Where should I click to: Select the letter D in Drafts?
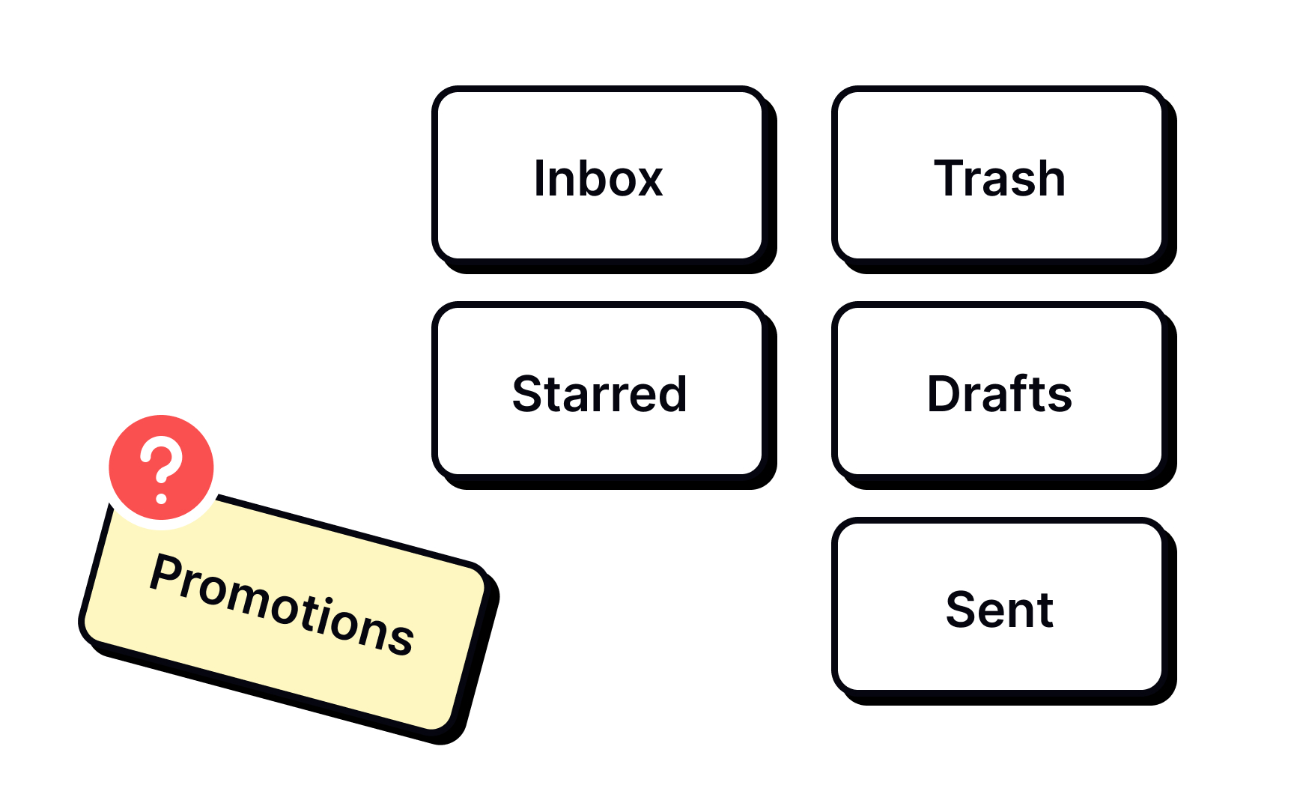point(945,394)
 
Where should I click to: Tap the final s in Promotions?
point(401,639)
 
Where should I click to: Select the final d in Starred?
point(670,394)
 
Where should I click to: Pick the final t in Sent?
point(1045,610)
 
